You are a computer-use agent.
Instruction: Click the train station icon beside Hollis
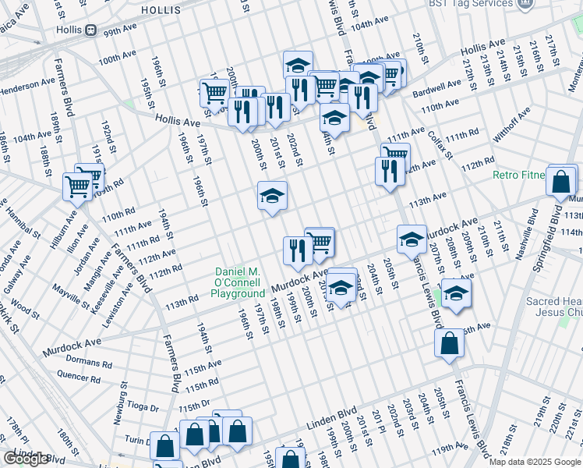tap(91, 30)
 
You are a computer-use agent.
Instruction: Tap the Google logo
tap(26, 459)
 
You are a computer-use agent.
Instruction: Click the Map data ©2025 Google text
tap(535, 462)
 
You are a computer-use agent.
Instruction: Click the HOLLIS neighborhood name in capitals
tap(161, 10)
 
